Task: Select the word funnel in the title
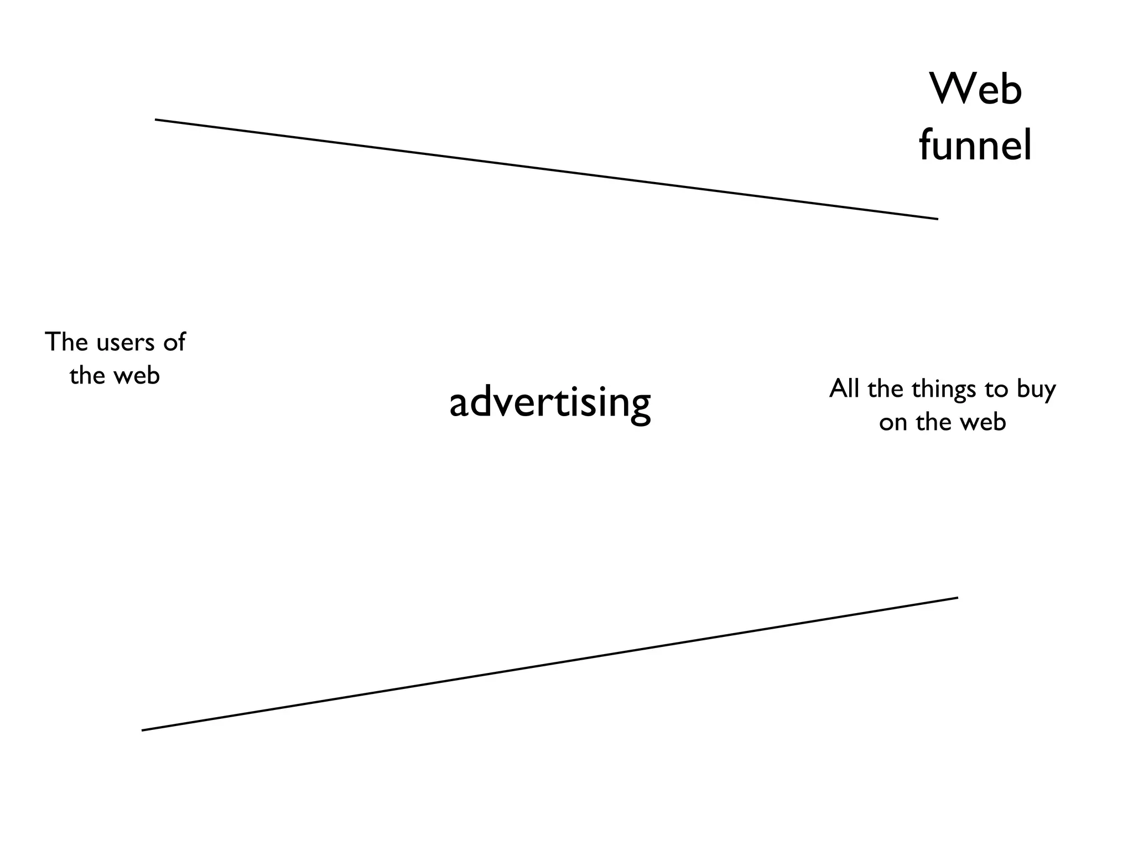pos(975,145)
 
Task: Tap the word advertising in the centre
pos(550,403)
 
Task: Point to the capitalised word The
pos(66,341)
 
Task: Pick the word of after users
pos(174,342)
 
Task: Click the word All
pos(845,388)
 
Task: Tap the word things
pos(944,390)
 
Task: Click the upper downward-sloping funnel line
pos(547,169)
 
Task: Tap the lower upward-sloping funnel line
pos(550,664)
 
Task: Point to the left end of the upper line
pos(156,120)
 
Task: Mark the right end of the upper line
pos(937,219)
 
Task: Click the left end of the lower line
pos(143,730)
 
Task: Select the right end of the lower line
pos(957,598)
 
